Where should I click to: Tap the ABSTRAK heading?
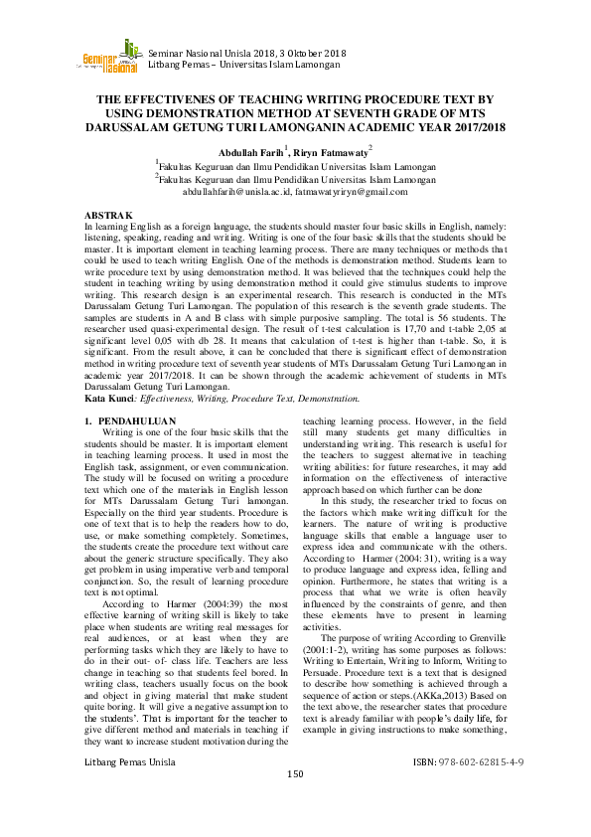pyautogui.click(x=108, y=215)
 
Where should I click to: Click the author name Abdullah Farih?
pyautogui.click(x=243, y=150)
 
